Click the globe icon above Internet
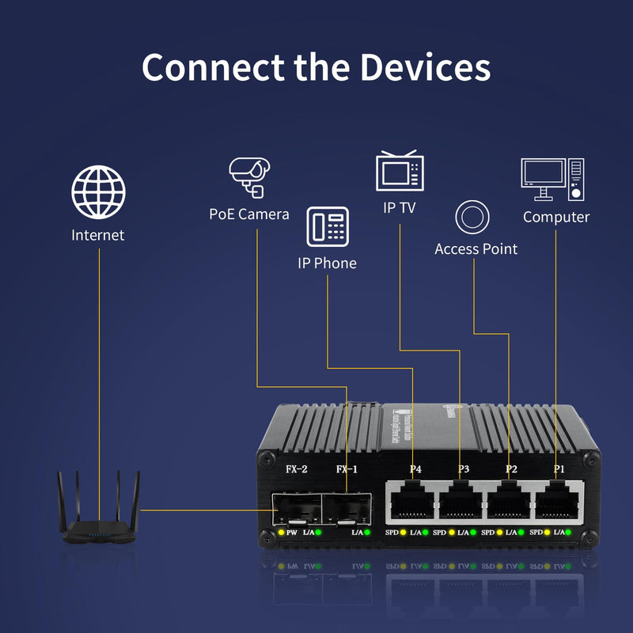(99, 191)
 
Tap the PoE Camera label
(249, 214)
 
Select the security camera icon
(250, 176)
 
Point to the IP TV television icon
(400, 171)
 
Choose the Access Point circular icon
(472, 217)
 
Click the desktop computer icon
(553, 180)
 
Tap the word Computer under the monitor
(556, 217)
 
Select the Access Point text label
(476, 248)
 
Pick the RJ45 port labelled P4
(412, 501)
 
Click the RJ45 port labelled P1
(559, 501)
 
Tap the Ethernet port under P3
(461, 501)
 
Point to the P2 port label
(511, 470)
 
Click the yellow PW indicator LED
(281, 533)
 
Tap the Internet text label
(98, 235)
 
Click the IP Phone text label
(327, 263)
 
